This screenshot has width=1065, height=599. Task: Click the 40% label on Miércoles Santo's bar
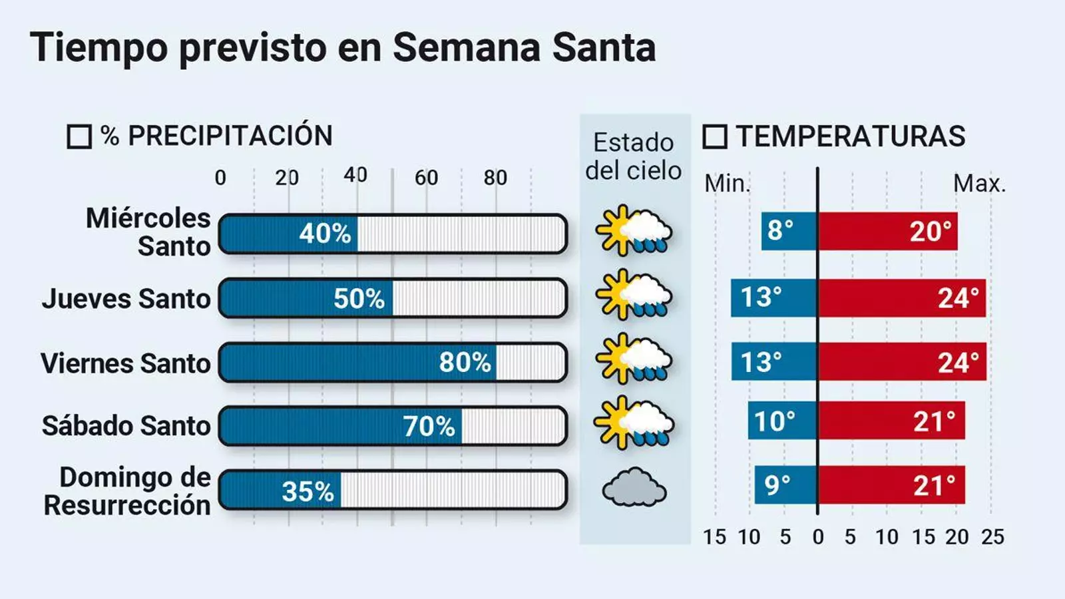pyautogui.click(x=324, y=234)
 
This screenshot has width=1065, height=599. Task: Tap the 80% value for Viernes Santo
pyautogui.click(x=465, y=363)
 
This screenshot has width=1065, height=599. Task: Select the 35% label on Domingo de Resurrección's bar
pyautogui.click(x=307, y=492)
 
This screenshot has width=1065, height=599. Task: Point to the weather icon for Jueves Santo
pyautogui.click(x=634, y=295)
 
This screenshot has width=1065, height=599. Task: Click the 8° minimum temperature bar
pyautogui.click(x=789, y=232)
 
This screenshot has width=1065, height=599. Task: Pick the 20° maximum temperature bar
pyautogui.click(x=887, y=232)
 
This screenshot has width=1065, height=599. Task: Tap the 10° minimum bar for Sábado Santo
pyautogui.click(x=782, y=421)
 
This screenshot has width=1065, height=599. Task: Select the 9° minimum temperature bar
pyautogui.click(x=785, y=485)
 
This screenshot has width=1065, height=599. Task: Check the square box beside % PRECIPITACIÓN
pyautogui.click(x=79, y=137)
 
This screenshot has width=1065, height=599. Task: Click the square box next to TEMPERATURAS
pyautogui.click(x=715, y=137)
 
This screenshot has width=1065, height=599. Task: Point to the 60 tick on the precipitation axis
pyautogui.click(x=426, y=178)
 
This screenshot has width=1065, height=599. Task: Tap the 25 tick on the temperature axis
pyautogui.click(x=992, y=537)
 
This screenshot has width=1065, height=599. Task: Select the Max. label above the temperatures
pyautogui.click(x=979, y=184)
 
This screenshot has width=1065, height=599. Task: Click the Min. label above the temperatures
pyautogui.click(x=727, y=184)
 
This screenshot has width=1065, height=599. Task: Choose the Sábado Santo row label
pyautogui.click(x=126, y=426)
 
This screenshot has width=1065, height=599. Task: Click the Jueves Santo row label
pyautogui.click(x=126, y=299)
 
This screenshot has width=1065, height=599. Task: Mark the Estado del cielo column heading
pyautogui.click(x=633, y=156)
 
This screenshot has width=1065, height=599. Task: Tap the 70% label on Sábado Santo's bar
pyautogui.click(x=429, y=427)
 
